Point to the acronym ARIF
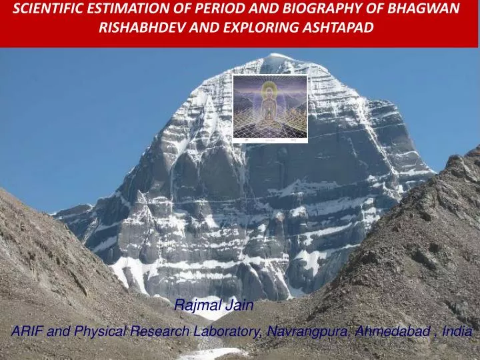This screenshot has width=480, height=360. point(28,331)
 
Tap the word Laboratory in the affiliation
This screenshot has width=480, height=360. point(225,331)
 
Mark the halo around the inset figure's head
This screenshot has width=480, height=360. point(269,89)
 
